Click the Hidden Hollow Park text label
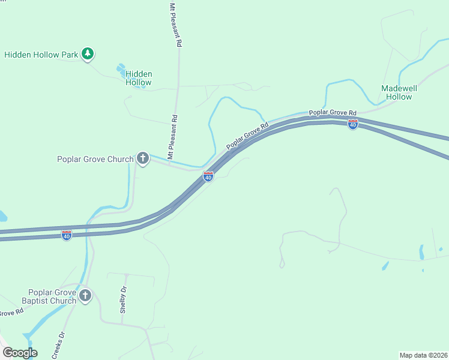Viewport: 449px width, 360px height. (x=41, y=55)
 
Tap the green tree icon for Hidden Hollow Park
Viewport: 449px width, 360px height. (x=88, y=54)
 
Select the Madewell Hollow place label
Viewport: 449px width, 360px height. (x=399, y=92)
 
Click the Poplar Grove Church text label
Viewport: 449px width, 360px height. (x=95, y=159)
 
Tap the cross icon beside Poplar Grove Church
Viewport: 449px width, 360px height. (x=142, y=158)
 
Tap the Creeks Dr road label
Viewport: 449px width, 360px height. (x=58, y=346)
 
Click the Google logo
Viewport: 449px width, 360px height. (x=20, y=353)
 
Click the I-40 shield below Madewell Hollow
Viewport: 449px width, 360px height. (x=353, y=124)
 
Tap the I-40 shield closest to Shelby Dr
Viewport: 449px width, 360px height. (x=67, y=235)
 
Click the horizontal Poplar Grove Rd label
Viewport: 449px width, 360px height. (x=333, y=113)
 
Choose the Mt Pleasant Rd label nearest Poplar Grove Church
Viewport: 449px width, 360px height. (x=172, y=137)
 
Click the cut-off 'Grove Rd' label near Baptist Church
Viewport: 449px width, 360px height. (x=11, y=313)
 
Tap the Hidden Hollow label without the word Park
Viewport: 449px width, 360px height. (x=139, y=78)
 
